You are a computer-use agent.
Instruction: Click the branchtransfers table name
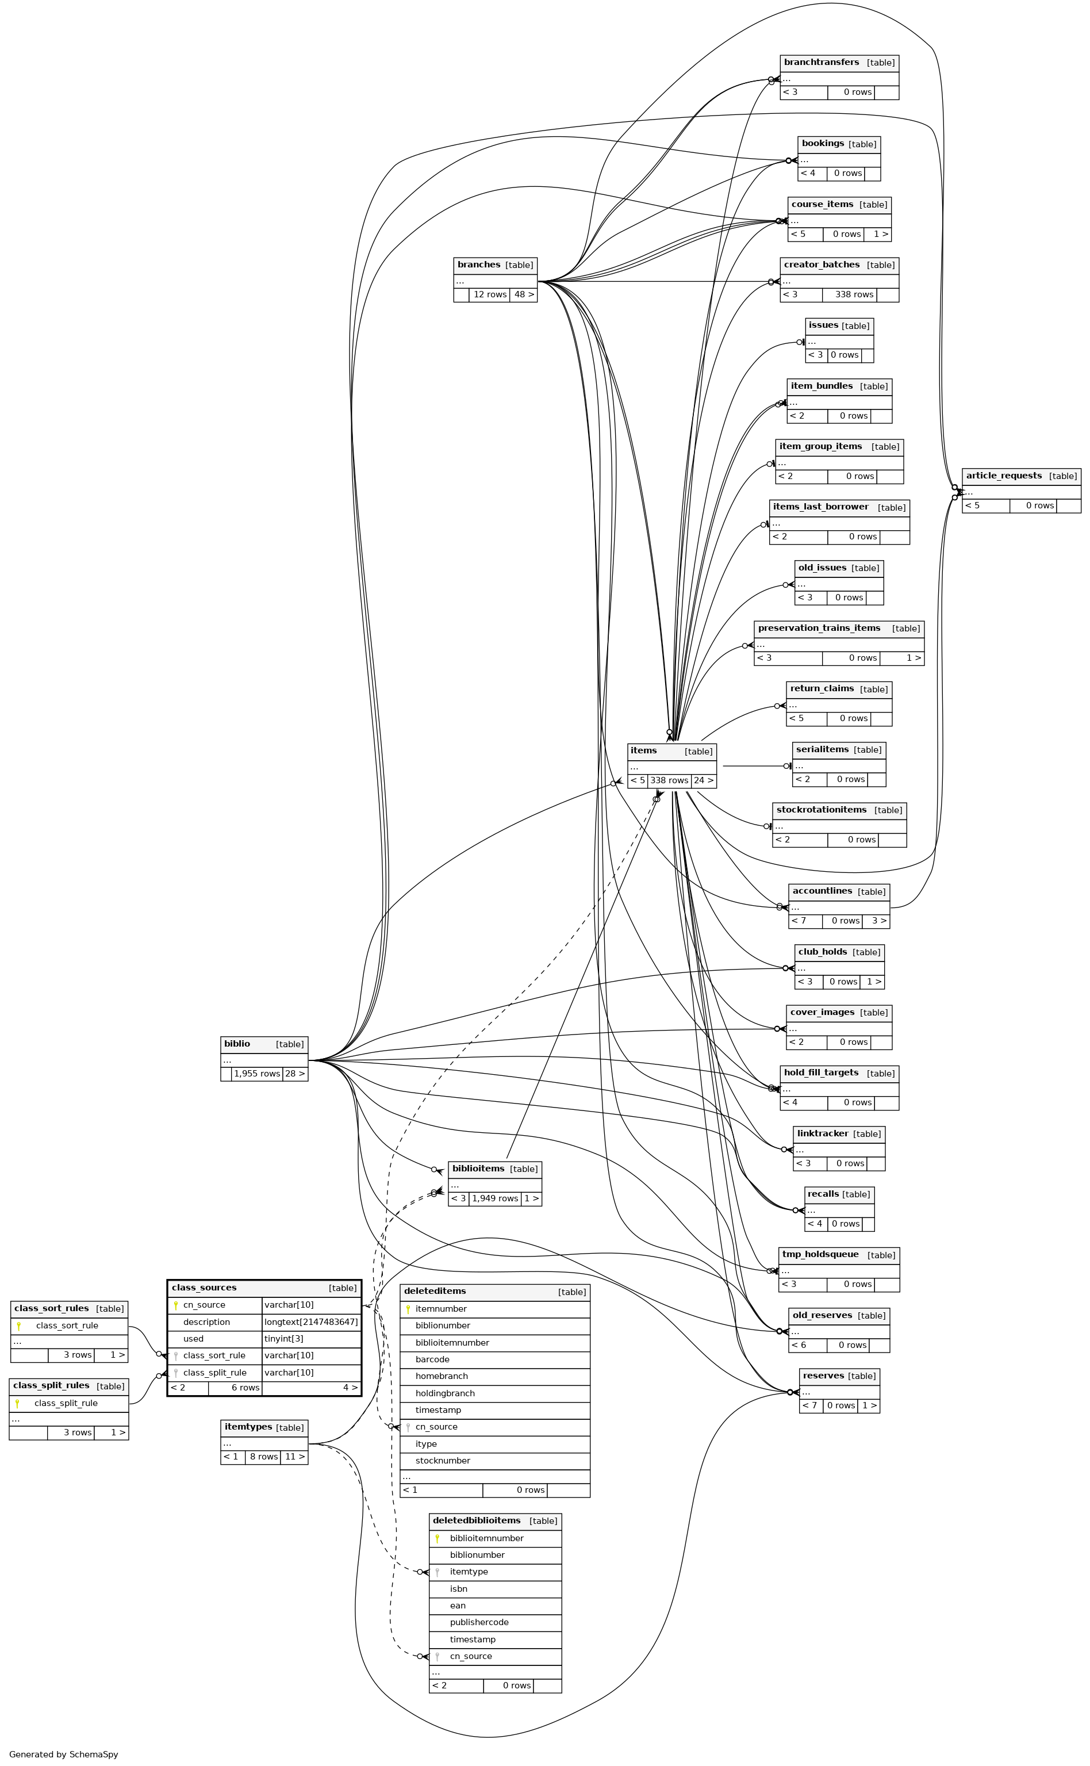[x=821, y=63]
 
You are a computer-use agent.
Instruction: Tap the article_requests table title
[x=1004, y=476]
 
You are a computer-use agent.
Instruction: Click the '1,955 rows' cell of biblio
[x=256, y=1074]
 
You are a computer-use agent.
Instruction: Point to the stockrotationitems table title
[x=821, y=810]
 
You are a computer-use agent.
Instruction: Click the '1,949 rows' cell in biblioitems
[x=494, y=1198]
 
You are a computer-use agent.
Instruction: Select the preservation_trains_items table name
[x=819, y=628]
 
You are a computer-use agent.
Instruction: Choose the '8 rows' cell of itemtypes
[x=263, y=1457]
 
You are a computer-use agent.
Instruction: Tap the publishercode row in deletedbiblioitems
[x=479, y=1622]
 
